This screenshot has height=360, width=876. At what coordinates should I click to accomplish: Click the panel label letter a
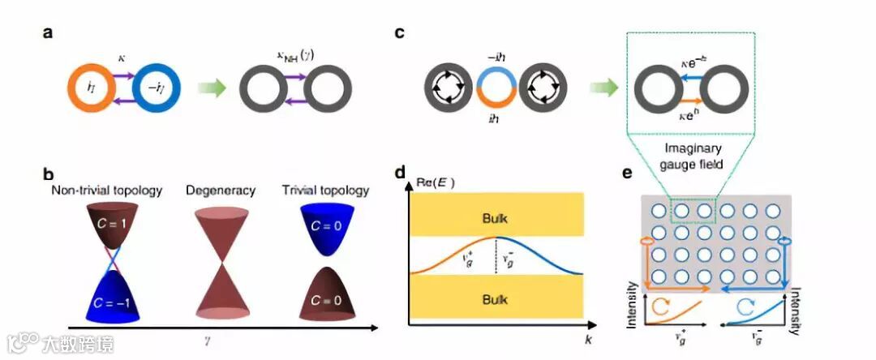click(x=50, y=35)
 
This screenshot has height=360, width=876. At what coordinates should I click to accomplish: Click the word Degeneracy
click(x=221, y=191)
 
